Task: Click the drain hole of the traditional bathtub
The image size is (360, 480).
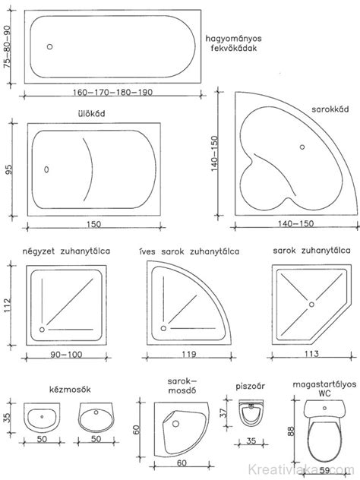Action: (49, 46)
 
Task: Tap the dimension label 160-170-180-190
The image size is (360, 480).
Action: (112, 92)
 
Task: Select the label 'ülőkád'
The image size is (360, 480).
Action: (92, 114)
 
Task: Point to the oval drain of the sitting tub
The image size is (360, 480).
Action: (46, 169)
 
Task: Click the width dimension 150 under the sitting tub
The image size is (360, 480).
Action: (93, 224)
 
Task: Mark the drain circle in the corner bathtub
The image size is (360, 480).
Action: (302, 147)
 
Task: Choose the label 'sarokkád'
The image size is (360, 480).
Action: (330, 109)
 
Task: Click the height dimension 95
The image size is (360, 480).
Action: (9, 169)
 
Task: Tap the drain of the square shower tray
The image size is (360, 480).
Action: (42, 330)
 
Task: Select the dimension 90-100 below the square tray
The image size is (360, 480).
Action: (66, 355)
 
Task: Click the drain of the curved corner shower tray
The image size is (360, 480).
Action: (163, 328)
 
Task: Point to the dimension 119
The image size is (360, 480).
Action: (189, 354)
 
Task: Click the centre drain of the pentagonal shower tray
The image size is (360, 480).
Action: (311, 305)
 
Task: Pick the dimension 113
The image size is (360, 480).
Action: (311, 354)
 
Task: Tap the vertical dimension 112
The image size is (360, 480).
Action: (8, 305)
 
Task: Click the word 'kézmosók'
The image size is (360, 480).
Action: (70, 390)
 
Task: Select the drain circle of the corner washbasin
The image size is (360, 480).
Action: (175, 424)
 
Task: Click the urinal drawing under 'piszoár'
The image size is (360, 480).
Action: (251, 412)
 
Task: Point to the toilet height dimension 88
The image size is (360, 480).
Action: (291, 431)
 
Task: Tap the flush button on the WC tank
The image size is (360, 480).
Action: (324, 408)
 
